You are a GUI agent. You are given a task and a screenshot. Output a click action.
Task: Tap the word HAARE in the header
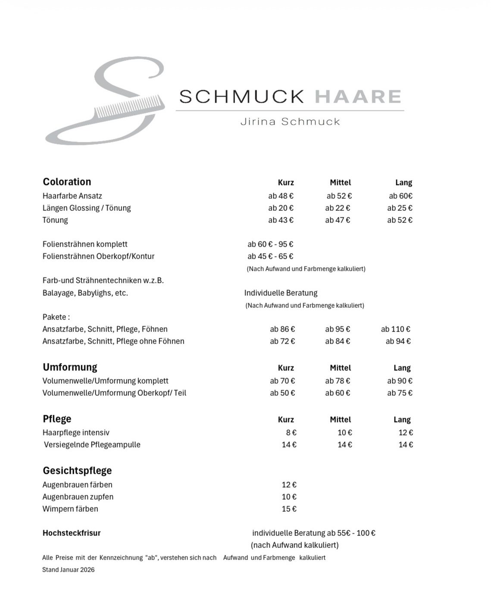coord(358,97)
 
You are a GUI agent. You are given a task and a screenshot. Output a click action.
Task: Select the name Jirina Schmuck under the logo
coord(290,122)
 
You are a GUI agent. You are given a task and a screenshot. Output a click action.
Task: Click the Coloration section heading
coord(67,182)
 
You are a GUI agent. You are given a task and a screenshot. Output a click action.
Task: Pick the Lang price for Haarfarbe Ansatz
coord(400,196)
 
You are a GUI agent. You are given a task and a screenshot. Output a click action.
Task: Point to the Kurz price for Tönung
coord(281,220)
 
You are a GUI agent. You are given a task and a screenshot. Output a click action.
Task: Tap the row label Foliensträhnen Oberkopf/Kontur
coord(98,256)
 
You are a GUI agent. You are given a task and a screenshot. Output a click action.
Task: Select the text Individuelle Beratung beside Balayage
coord(281,293)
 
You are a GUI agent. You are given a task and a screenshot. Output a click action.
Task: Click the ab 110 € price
coord(395,329)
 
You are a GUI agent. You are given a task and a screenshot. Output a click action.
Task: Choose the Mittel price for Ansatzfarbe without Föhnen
coord(338,341)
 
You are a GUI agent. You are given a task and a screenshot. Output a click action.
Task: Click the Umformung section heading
coord(70,367)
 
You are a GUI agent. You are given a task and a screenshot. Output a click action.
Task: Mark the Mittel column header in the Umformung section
coord(340,368)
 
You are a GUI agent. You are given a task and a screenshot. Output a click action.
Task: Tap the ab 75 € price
coord(400,393)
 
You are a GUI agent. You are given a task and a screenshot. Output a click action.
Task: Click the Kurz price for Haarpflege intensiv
coord(291,432)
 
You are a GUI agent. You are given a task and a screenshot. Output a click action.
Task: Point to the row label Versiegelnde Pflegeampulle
coord(92,444)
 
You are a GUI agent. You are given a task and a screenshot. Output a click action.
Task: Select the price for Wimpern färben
coord(289,509)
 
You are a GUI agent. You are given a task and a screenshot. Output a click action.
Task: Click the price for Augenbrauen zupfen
coord(289,497)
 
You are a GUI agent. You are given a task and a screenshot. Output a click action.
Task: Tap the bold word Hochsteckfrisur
coord(72,533)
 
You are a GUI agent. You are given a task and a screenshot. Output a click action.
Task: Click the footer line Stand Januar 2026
coord(68,569)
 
